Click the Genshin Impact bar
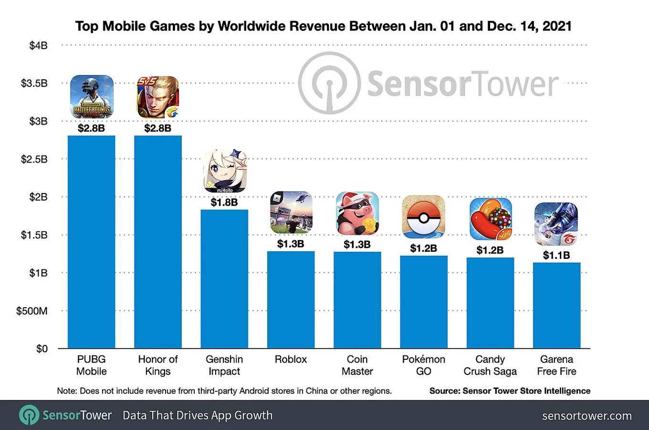click(224, 279)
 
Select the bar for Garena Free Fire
click(556, 305)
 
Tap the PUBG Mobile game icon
click(92, 97)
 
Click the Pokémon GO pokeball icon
click(423, 217)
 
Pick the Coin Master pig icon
click(357, 213)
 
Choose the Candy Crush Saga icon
click(491, 219)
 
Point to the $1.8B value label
click(224, 202)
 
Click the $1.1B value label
click(556, 255)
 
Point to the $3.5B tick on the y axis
click(34, 83)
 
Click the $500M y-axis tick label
click(32, 311)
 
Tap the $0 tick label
click(42, 348)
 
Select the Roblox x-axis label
click(291, 359)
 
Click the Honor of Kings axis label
click(158, 365)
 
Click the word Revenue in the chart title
click(319, 26)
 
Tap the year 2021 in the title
click(557, 26)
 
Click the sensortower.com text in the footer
click(587, 416)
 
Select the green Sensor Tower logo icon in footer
click(29, 415)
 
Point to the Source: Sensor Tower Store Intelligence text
click(510, 391)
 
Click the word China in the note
click(317, 391)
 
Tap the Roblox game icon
click(291, 213)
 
